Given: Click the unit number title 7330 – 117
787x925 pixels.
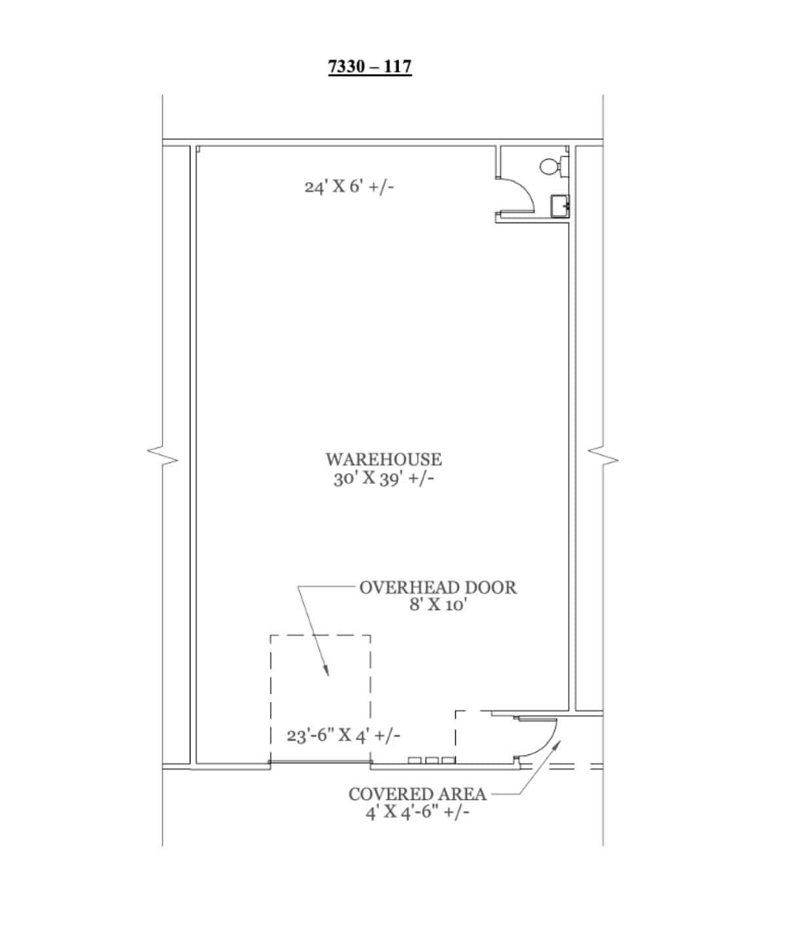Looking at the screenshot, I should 370,66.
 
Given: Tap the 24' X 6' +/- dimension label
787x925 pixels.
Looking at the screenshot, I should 349,187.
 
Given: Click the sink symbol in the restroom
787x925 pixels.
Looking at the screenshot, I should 560,205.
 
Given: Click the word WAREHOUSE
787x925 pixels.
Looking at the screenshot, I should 384,459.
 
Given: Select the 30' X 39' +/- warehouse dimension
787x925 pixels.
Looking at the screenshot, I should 384,479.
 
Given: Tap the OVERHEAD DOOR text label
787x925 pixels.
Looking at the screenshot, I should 437,587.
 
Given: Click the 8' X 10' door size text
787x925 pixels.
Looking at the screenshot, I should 437,605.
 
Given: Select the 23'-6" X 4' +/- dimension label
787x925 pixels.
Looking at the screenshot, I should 343,736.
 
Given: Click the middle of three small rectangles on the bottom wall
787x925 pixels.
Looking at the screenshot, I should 432,760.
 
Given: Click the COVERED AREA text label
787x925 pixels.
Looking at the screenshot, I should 417,794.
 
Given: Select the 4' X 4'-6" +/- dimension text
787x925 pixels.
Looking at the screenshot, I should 417,812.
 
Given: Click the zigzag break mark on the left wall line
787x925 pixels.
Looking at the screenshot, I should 163,455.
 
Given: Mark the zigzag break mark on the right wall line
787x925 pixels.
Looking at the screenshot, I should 603,455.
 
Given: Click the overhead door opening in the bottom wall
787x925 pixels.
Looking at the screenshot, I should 320,762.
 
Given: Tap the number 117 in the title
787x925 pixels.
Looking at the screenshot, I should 395,66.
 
